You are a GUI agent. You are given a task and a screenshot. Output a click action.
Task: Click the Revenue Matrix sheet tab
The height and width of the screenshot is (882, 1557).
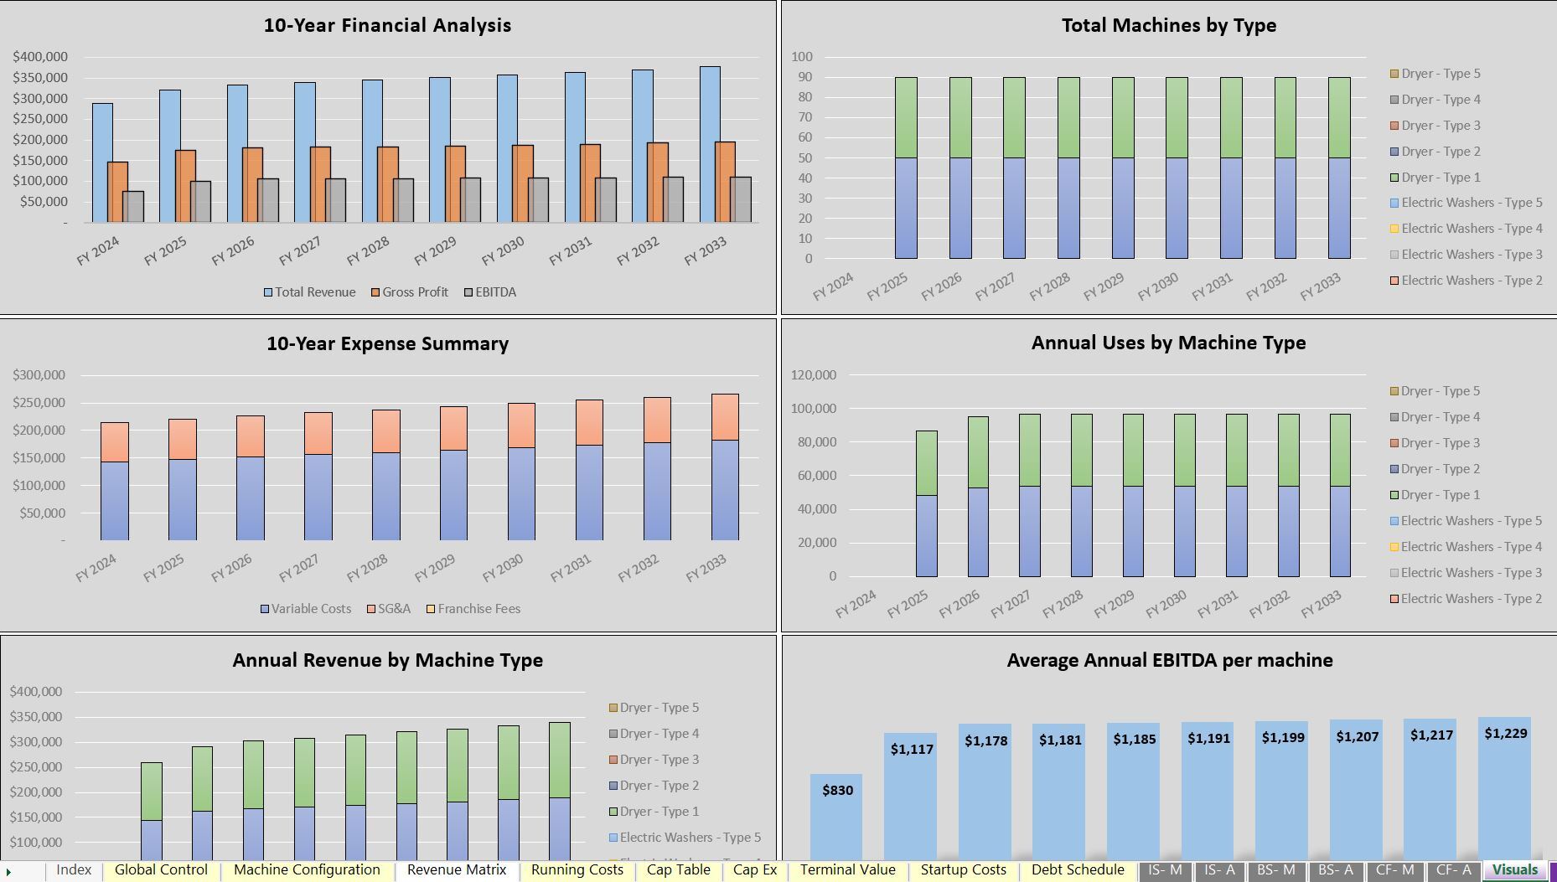pos(457,870)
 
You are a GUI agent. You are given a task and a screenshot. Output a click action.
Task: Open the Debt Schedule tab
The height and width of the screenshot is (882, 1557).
pos(1077,870)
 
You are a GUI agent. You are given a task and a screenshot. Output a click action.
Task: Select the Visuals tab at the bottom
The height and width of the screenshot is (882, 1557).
pos(1514,870)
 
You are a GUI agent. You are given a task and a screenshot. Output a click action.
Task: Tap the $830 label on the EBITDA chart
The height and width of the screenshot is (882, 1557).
pos(837,790)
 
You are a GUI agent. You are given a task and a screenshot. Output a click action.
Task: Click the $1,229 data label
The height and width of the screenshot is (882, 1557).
pos(1505,733)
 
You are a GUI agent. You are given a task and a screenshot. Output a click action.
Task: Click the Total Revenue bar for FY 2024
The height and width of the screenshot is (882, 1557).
pos(102,162)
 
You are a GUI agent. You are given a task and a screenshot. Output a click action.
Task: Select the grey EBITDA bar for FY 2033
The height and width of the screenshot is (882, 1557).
pos(740,199)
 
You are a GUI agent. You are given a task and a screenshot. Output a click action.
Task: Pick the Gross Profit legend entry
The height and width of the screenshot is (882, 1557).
pos(415,292)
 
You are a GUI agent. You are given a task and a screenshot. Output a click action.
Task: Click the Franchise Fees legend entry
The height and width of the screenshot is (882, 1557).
pos(478,609)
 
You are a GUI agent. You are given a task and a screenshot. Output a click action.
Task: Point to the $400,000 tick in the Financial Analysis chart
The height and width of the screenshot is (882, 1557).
pos(39,57)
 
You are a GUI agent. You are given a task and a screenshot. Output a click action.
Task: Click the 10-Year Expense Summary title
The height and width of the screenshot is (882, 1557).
pos(387,343)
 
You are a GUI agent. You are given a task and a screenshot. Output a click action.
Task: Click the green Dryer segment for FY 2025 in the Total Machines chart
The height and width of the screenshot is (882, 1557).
pos(906,117)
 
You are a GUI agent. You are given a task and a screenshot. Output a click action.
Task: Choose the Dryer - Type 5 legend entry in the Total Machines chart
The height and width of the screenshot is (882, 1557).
pos(1440,74)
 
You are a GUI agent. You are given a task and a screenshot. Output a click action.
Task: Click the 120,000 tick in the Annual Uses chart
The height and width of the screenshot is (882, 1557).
pos(813,374)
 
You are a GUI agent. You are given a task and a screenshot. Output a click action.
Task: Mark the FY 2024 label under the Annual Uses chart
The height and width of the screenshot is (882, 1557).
pos(856,604)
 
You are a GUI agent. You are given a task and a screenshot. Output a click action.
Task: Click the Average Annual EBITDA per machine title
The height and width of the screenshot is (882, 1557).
pos(1169,660)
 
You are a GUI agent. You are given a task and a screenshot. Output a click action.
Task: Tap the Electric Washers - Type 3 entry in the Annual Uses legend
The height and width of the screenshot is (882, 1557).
pos(1471,573)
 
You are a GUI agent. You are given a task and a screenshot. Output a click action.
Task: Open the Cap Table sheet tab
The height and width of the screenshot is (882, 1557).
pos(678,870)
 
